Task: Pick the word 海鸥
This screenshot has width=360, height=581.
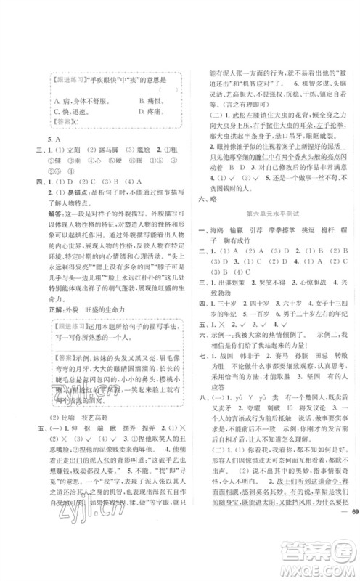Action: click(x=217, y=229)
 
